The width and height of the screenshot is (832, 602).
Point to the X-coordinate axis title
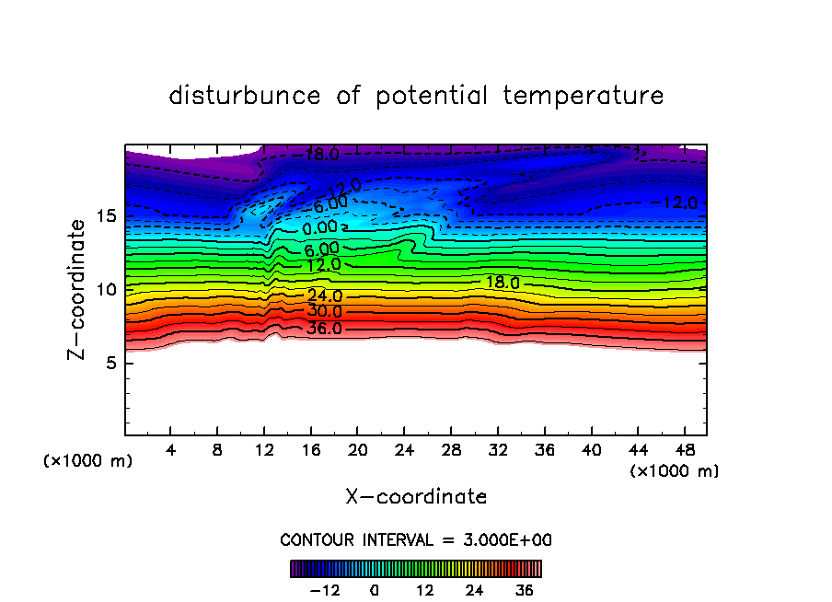(x=416, y=497)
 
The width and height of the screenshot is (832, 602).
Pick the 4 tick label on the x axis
(x=171, y=450)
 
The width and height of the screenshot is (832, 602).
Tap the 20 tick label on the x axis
(x=357, y=450)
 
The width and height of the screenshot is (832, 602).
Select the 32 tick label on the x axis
(x=497, y=450)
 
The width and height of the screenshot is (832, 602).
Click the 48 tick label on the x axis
(x=683, y=450)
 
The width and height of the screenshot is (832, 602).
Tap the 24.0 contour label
(x=324, y=296)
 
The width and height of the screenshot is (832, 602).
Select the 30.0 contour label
(x=324, y=312)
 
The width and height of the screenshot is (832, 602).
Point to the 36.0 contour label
(x=324, y=328)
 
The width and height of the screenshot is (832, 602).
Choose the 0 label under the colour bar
(x=375, y=590)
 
